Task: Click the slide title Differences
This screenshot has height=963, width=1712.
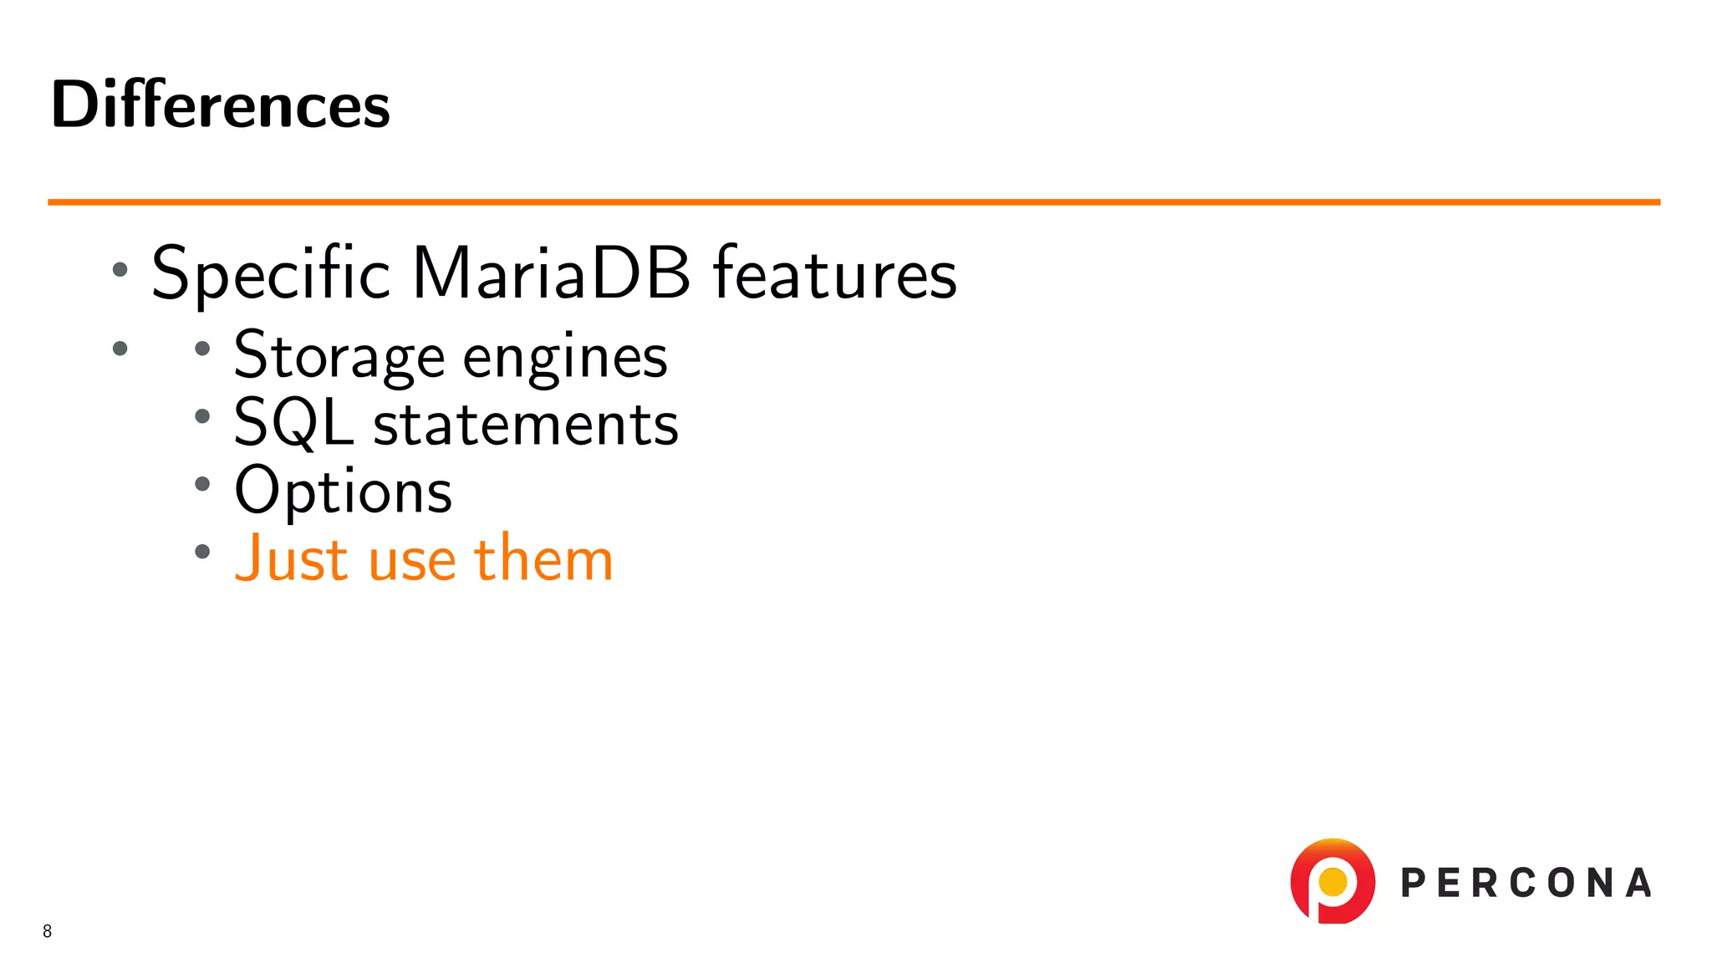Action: coord(221,105)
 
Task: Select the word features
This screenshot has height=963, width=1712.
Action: coord(834,274)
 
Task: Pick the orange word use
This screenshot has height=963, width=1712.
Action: coord(411,560)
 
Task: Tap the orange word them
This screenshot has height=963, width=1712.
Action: coord(543,558)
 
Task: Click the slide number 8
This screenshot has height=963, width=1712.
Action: coord(48,931)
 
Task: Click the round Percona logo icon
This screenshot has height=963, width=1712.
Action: coord(1332,881)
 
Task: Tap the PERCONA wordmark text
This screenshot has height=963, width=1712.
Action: coord(1526,884)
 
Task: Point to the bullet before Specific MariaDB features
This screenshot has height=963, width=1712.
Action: coord(120,269)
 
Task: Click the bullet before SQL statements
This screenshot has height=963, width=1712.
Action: coord(202,416)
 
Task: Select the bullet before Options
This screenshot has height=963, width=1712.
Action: coord(202,483)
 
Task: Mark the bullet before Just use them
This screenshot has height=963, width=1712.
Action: coord(202,551)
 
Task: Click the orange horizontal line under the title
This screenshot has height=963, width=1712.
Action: coord(853,201)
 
